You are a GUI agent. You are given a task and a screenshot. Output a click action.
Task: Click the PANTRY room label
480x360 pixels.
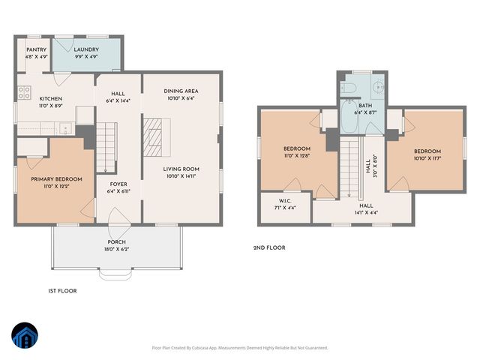36,49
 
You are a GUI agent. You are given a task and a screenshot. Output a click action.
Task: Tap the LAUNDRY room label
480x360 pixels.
87,49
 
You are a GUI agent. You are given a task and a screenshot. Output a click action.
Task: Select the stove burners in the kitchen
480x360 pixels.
22,94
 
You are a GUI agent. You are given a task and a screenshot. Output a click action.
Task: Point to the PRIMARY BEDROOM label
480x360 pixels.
56,179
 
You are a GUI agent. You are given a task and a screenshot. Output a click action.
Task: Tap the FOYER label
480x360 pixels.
119,183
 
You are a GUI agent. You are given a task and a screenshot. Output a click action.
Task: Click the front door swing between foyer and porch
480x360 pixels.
118,219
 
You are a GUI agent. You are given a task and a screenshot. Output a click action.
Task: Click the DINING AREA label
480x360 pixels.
181,91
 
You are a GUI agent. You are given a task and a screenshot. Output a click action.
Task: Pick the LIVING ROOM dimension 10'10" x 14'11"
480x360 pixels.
181,177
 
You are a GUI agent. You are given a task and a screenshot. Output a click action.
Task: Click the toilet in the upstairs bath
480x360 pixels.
350,88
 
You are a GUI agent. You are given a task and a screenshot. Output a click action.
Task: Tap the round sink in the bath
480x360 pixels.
379,88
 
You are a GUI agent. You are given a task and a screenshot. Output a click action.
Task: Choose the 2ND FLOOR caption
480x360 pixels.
269,247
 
